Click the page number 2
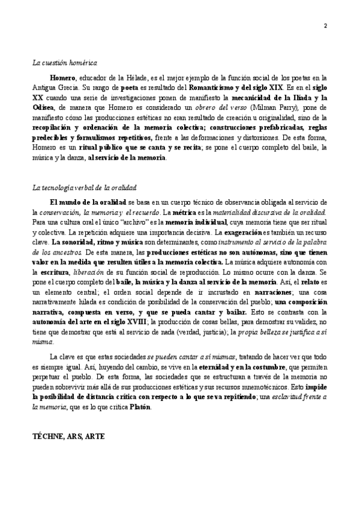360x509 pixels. [x=325, y=25]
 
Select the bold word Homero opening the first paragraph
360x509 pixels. [x=62, y=78]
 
